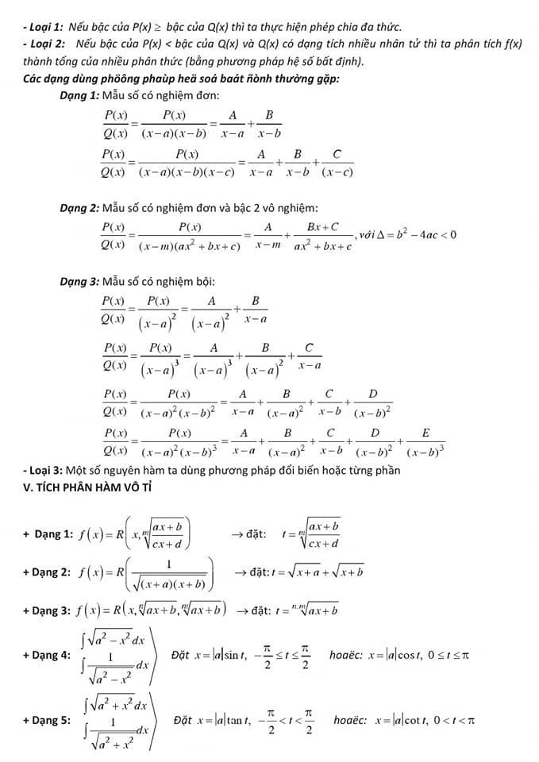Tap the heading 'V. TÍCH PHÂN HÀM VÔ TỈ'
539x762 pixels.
88,487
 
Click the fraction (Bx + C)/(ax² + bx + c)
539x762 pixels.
323,236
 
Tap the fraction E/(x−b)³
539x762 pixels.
425,441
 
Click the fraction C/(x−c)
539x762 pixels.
337,162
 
